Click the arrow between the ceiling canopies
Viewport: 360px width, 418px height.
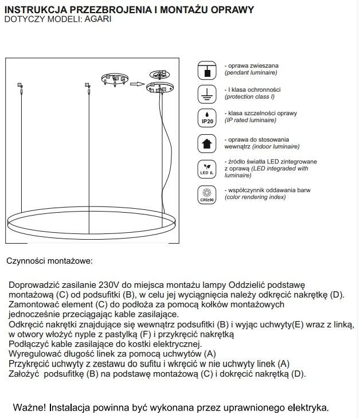click(x=136, y=84)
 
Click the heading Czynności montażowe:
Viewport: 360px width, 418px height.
click(x=49, y=261)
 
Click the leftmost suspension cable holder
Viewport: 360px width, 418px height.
click(x=20, y=86)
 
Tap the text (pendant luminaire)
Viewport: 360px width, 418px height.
click(x=251, y=73)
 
